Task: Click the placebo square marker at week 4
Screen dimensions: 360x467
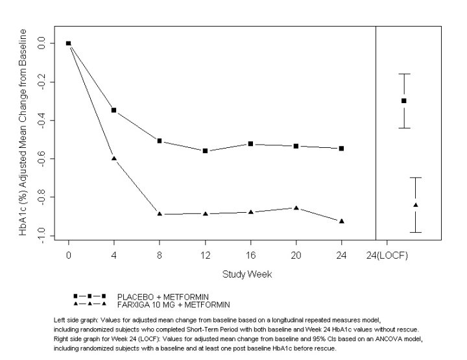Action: coord(114,110)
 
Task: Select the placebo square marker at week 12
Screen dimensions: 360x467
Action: coord(205,150)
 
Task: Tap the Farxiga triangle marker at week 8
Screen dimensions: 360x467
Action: coord(160,214)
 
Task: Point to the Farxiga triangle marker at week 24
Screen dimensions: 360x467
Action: coord(342,221)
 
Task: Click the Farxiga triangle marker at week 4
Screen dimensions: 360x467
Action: coord(114,158)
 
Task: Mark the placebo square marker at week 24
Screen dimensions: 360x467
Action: coord(342,149)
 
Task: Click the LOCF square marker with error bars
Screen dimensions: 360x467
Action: coord(404,101)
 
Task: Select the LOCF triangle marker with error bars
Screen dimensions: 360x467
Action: coord(416,205)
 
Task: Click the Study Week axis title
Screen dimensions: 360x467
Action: coord(247,274)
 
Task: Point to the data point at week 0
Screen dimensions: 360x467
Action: coord(68,43)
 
